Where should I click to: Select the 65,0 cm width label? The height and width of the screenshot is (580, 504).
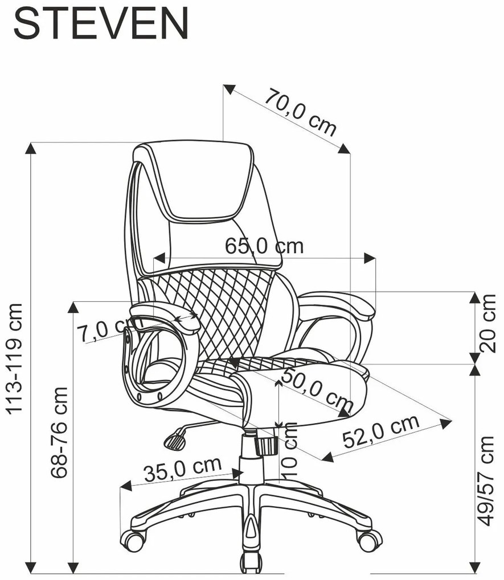click(264, 246)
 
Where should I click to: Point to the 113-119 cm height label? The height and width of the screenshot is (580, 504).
click(15, 358)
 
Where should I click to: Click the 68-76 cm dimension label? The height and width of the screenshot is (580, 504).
click(59, 433)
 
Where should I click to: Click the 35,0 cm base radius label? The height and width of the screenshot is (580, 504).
click(183, 469)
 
